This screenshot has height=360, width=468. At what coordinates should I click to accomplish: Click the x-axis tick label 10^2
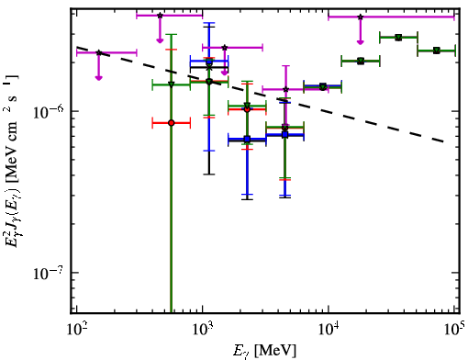tap(76, 330)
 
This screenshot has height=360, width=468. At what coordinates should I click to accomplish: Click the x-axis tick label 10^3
tap(202, 330)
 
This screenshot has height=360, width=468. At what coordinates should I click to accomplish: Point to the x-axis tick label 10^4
tap(329, 330)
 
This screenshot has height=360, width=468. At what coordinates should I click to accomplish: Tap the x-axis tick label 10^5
tap(454, 330)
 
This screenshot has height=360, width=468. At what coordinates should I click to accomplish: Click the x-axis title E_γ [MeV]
tap(265, 351)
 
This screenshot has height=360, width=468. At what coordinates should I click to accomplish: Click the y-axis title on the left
tap(12, 161)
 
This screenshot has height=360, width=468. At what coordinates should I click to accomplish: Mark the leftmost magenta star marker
tap(99, 52)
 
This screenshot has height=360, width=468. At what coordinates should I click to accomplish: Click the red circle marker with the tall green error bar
tap(172, 123)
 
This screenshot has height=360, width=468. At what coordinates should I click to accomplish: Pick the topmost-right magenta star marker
tap(361, 17)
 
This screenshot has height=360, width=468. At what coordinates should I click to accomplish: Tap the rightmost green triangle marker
tap(437, 51)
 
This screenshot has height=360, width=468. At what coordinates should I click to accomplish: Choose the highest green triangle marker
tap(398, 38)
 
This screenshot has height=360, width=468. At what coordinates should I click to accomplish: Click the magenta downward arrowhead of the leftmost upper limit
tap(98, 77)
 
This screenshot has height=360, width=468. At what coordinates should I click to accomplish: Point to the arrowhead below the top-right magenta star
tap(361, 41)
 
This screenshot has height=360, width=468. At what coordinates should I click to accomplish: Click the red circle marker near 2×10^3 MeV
tap(247, 109)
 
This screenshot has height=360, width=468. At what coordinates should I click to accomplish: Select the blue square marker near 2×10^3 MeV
tap(247, 140)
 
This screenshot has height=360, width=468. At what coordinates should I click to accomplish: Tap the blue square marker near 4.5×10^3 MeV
tap(285, 134)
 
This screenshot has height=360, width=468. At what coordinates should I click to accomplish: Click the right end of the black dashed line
tap(443, 141)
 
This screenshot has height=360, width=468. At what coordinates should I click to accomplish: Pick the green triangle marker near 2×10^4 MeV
tap(361, 61)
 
